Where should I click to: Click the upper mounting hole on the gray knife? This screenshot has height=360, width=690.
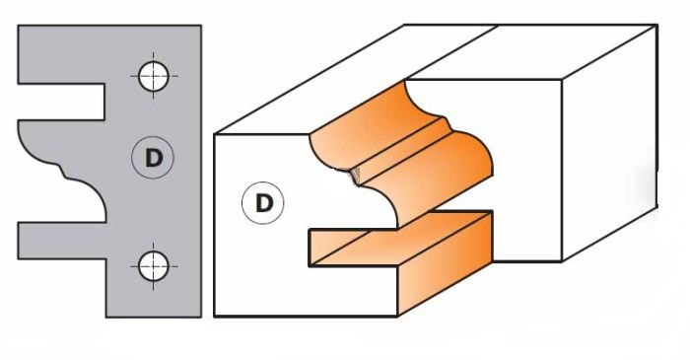tap(152, 76)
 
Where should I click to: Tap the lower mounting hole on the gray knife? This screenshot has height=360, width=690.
tap(152, 264)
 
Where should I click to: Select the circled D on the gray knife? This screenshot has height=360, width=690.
tap(152, 157)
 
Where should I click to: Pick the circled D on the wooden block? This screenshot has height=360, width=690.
tap(263, 203)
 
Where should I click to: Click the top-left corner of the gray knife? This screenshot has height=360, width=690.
tap(19, 27)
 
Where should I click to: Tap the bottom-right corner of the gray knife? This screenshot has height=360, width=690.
tap(201, 318)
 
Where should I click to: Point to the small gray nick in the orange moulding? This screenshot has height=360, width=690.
tap(353, 176)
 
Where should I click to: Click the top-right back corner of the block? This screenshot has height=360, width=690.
tap(655, 27)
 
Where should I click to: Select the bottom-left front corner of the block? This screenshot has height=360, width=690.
tap(216, 317)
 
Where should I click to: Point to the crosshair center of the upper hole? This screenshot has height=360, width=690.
tap(152, 76)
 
